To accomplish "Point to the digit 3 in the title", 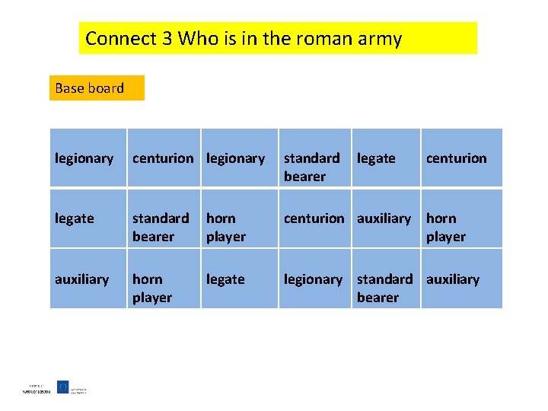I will click(x=167, y=39).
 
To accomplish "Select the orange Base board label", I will click(x=96, y=88).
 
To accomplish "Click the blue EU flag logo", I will click(x=63, y=387).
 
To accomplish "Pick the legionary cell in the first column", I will click(x=87, y=158).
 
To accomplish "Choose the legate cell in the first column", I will click(x=87, y=218).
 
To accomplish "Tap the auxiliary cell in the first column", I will click(x=87, y=279).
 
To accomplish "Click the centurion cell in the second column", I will click(x=163, y=158).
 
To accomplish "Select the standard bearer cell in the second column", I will click(x=163, y=227).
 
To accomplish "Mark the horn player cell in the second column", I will click(x=163, y=288).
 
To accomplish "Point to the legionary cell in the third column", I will click(x=238, y=158).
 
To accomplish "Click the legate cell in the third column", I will click(x=238, y=279).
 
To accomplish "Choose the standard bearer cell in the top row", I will click(x=314, y=167).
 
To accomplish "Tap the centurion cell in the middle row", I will click(x=314, y=218).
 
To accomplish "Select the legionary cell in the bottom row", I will click(x=314, y=279).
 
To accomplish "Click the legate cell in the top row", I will click(x=385, y=158).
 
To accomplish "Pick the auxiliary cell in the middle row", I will click(x=385, y=218).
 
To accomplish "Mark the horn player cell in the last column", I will click(x=461, y=227).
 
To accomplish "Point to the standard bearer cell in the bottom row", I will click(x=385, y=288).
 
